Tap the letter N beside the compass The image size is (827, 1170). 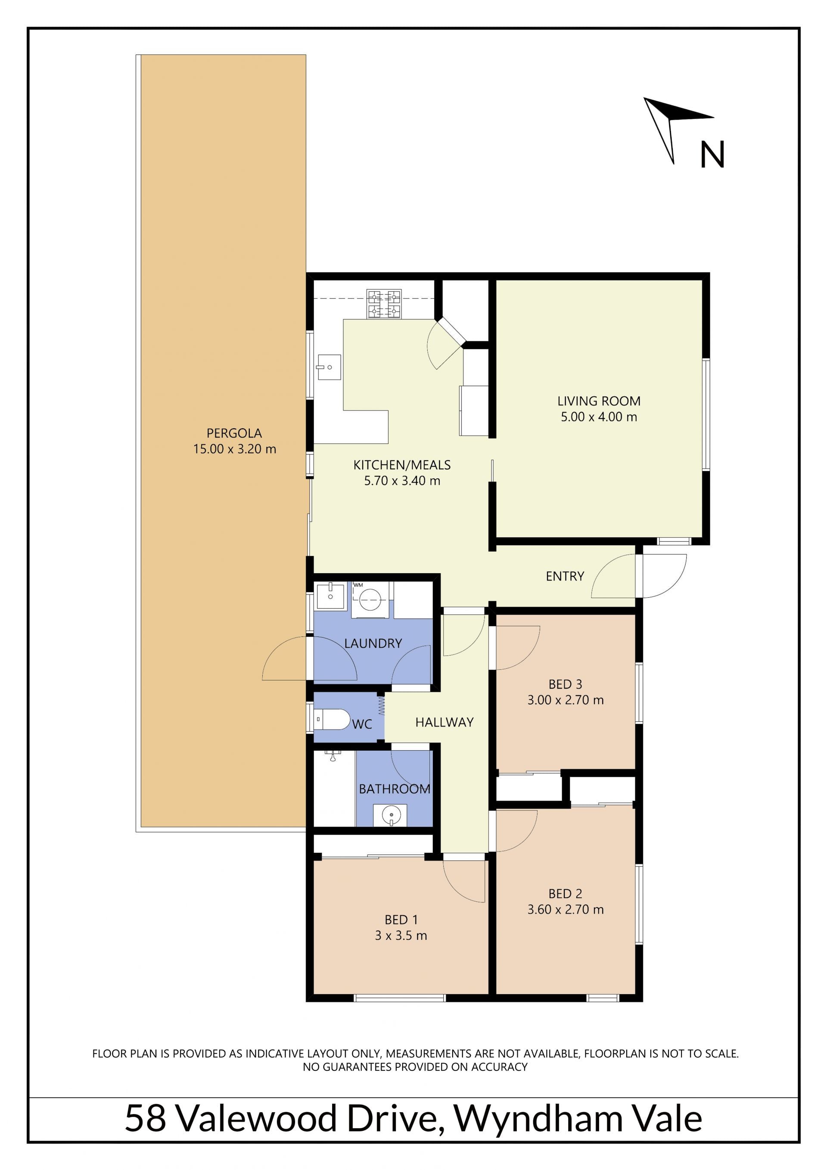(712, 154)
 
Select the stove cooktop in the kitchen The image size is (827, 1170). (384, 304)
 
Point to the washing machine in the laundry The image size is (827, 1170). (370, 600)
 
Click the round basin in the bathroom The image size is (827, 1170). (390, 815)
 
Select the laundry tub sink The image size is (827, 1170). (330, 596)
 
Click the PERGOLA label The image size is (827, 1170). (234, 433)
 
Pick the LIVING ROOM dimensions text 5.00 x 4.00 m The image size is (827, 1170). (599, 417)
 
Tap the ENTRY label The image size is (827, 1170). (565, 576)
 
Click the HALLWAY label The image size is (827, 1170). (445, 722)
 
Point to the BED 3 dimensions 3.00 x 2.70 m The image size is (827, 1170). (565, 700)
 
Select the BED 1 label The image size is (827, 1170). (401, 920)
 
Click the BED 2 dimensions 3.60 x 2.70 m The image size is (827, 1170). (565, 910)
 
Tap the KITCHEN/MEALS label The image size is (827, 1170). (402, 465)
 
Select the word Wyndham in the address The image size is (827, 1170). (538, 1119)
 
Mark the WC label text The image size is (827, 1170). (362, 724)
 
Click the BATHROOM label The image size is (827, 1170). (395, 789)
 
